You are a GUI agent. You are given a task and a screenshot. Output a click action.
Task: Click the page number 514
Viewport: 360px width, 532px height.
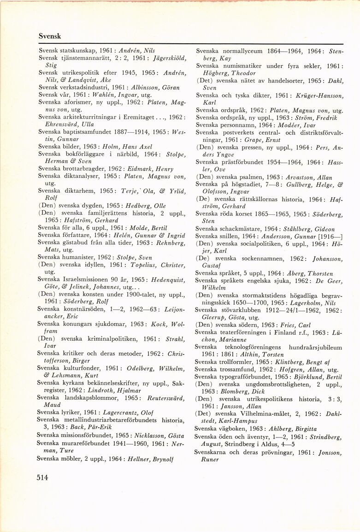point(42,478)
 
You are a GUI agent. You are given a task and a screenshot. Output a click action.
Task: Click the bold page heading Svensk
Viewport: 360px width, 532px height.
point(49,35)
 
